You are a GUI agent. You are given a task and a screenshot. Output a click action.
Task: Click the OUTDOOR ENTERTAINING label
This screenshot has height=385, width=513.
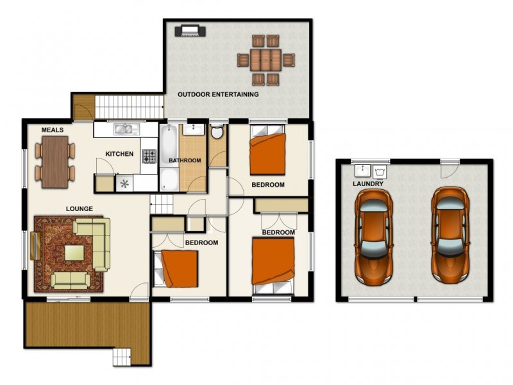click(218, 94)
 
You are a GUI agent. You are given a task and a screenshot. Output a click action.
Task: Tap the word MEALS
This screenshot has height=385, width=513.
click(53, 130)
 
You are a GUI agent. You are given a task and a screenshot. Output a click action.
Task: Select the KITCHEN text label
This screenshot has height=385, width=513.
click(119, 154)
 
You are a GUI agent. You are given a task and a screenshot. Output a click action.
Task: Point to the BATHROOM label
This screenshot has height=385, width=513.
click(185, 160)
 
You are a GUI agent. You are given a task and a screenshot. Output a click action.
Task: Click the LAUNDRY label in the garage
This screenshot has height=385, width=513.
click(368, 184)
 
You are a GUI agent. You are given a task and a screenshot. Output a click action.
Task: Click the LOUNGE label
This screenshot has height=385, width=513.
click(79, 209)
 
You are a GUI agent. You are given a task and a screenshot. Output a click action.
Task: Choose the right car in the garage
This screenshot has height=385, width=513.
click(450, 234)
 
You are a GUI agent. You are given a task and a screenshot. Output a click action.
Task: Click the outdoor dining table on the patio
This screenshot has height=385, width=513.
click(265, 60)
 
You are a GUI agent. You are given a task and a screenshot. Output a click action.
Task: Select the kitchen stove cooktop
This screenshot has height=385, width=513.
click(149, 155)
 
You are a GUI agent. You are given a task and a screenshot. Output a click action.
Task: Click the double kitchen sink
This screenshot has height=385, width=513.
click(126, 129)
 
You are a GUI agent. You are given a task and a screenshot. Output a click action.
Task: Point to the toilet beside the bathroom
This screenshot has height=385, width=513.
click(217, 132)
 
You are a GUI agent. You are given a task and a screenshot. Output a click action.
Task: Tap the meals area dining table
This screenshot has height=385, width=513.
click(55, 162)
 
